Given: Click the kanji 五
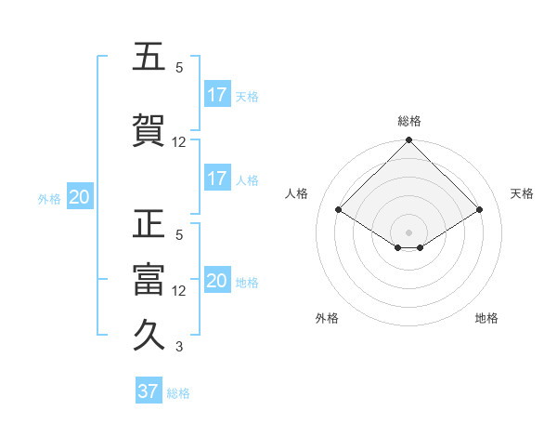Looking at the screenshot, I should pos(149,57).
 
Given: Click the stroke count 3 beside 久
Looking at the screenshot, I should pos(179,348).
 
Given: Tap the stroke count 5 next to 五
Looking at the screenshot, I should pos(179,68).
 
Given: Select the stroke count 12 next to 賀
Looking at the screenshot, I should pos(179,142).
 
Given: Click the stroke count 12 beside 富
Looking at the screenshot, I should pos(179,291).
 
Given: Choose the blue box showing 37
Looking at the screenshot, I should pos(149,391).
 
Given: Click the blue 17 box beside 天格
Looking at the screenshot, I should pos(217,95).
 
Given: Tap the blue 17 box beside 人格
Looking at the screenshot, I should pos(217,179).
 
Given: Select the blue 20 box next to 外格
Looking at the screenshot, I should pos(80,197).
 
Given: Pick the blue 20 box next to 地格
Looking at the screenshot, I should pos(217,281).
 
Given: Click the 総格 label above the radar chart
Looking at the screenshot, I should pos(409,121).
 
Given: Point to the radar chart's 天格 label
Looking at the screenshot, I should pos(523,193).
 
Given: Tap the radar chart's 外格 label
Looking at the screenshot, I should pos(327,318).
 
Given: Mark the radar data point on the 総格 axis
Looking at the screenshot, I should pos(409,140).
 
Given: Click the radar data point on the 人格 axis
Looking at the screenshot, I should pos(339,208).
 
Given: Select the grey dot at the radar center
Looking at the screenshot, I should pos(409,232).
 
